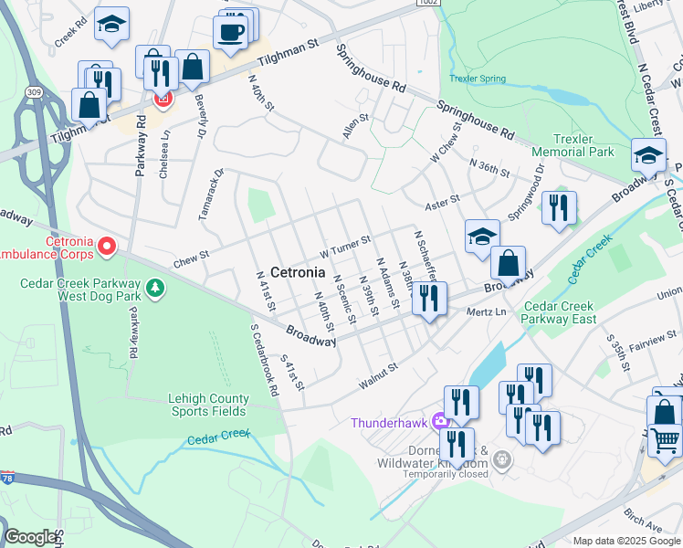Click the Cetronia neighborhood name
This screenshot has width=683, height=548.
tap(285, 272)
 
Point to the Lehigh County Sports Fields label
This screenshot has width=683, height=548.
tap(208, 405)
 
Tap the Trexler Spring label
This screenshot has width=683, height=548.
tap(478, 79)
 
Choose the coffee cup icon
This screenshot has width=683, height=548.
tap(230, 32)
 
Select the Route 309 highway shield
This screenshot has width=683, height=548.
tap(35, 92)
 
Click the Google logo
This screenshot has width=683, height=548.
tap(30, 537)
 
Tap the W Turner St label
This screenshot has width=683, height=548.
tap(344, 247)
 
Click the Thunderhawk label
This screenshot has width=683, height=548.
tap(391, 422)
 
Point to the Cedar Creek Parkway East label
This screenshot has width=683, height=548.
tap(559, 312)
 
